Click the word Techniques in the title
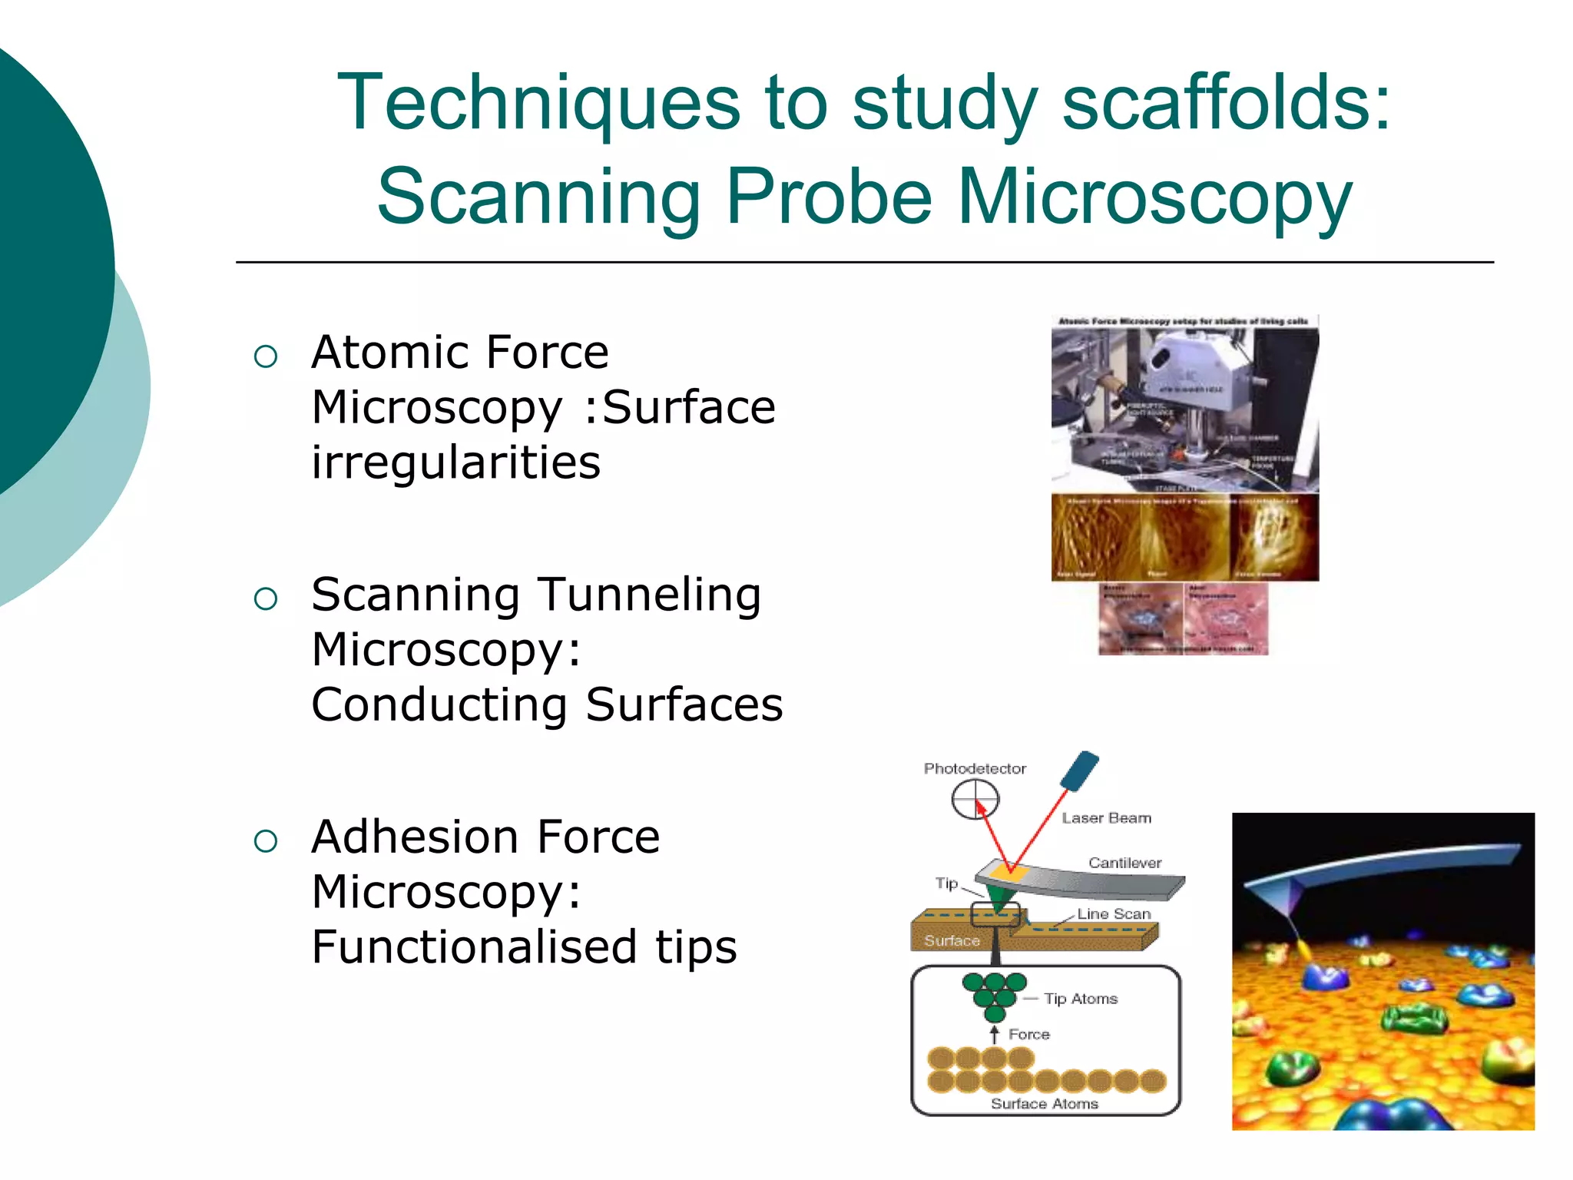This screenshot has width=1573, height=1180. pos(538,104)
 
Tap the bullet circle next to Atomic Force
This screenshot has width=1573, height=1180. pos(265,356)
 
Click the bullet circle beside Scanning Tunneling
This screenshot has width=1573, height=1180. pos(265,598)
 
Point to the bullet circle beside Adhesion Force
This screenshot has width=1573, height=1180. pos(265,840)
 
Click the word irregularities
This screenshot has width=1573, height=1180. pos(455,462)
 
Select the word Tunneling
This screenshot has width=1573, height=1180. pos(648,595)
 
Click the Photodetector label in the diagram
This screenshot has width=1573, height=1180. pos(975,768)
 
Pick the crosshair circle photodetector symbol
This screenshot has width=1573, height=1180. pos(975,800)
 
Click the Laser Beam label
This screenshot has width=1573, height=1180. pos(1106,818)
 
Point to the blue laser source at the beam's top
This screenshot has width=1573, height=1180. pos(1079,771)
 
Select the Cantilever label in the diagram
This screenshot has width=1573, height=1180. pos(1124,863)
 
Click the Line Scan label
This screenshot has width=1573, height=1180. pos(1113,913)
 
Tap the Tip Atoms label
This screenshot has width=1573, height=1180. pos(1081,999)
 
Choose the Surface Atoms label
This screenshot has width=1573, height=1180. pos(1044,1103)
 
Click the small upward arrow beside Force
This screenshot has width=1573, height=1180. pos(994,1034)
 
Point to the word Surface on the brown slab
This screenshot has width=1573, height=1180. pos(952,940)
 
